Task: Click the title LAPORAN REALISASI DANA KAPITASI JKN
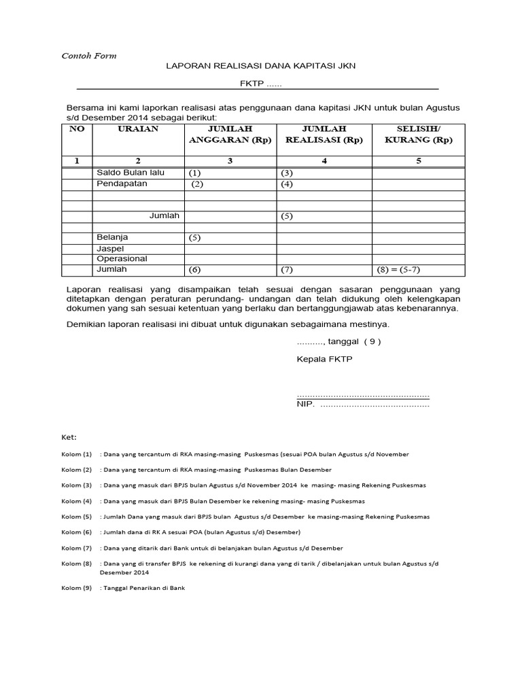tap(261, 66)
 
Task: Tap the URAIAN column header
tap(138, 129)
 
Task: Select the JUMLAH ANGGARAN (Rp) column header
tap(230, 135)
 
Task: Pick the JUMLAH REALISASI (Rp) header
tap(324, 135)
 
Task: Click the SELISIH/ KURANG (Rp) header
tap(418, 135)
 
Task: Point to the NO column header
tap(77, 129)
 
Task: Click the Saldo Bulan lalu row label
tap(130, 173)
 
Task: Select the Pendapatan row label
tap(122, 184)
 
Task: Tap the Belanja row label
tap(112, 237)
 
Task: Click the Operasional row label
tap(122, 259)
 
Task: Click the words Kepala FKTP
tap(325, 358)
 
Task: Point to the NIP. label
tap(305, 404)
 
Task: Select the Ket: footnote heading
tap(69, 437)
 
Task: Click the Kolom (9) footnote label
tap(76, 588)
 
